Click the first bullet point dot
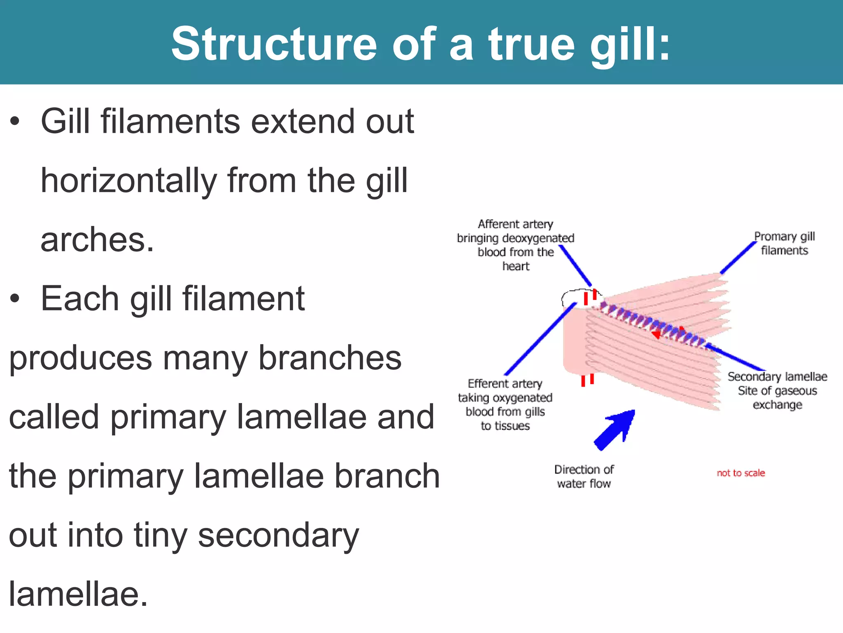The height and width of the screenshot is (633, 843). [x=15, y=122]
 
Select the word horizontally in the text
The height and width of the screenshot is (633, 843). [x=128, y=181]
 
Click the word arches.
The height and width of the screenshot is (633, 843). [x=97, y=240]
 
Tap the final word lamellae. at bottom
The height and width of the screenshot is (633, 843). [x=78, y=594]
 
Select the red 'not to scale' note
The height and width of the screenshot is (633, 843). [x=741, y=473]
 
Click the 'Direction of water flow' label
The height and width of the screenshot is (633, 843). [x=584, y=476]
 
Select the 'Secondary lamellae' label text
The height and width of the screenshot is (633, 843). [x=777, y=377]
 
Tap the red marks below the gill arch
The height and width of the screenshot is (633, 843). [x=587, y=380]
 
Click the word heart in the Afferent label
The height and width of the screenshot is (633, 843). [x=516, y=267]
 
